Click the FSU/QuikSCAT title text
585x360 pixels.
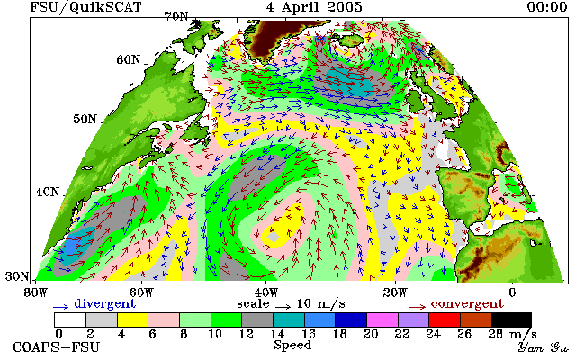pos(85,7)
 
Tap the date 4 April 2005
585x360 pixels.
pos(314,6)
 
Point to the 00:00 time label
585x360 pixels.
pos(547,6)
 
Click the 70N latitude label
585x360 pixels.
pos(176,16)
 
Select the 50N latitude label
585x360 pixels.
pos(85,119)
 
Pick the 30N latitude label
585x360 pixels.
pos(17,276)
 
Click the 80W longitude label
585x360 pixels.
pos(35,292)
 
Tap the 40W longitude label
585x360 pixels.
pos(266,292)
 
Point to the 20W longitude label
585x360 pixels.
pos(395,292)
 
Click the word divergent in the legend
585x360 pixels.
pos(104,303)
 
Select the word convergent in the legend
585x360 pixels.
pos(467,303)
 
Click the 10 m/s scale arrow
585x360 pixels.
pos(283,307)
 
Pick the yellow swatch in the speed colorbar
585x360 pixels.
pos(132,319)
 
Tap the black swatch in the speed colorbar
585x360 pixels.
pos(511,319)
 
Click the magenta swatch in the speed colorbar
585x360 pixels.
pos(382,319)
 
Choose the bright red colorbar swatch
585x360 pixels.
pos(445,319)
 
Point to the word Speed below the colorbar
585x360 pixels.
pos(292,345)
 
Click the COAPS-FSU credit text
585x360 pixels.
pos(57,347)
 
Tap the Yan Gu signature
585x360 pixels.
pos(543,347)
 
